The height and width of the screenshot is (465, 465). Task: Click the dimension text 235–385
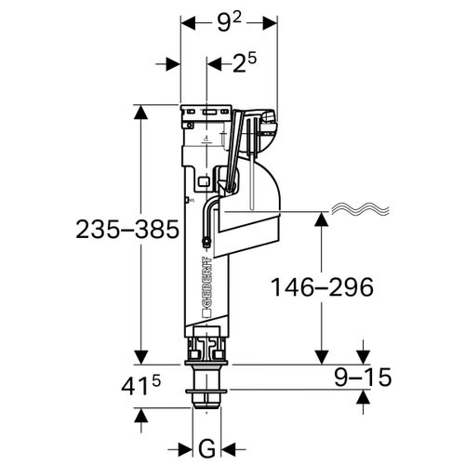pyautogui.click(x=72, y=231)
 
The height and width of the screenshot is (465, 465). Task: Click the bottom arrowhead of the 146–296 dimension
pyautogui.click(x=323, y=355)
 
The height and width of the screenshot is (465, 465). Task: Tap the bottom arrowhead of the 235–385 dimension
pyautogui.click(x=141, y=355)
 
